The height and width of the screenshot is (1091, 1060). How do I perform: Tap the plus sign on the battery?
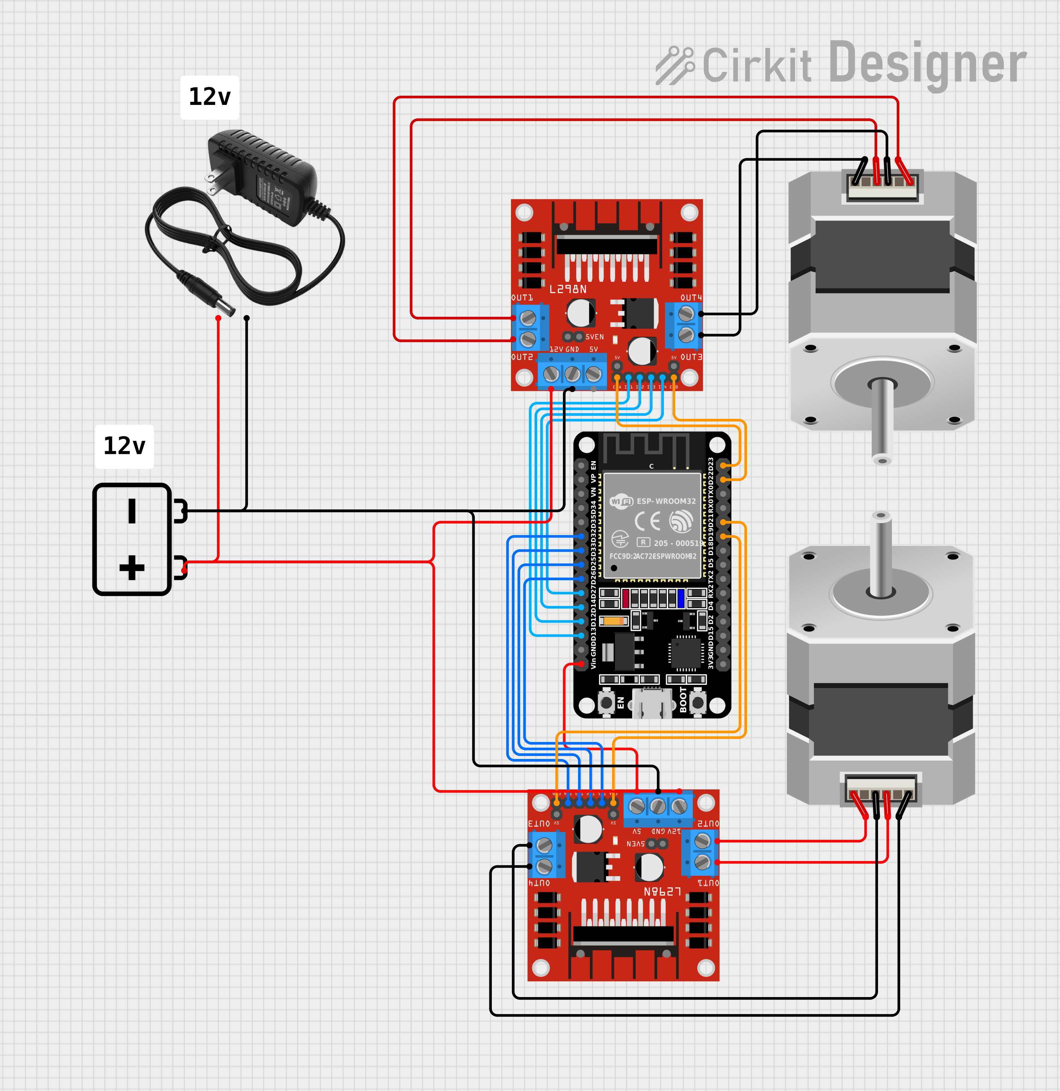coord(132,568)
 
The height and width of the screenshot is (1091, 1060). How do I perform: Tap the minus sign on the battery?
coord(132,511)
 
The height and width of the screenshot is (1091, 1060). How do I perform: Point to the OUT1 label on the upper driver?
coord(522,298)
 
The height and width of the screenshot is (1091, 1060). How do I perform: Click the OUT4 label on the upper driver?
coord(691,298)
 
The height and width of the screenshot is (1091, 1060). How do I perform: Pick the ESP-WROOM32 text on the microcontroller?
coord(666,501)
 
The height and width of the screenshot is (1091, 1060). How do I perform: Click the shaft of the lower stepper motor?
coord(881,557)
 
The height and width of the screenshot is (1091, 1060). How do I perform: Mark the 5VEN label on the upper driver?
coord(595,337)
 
